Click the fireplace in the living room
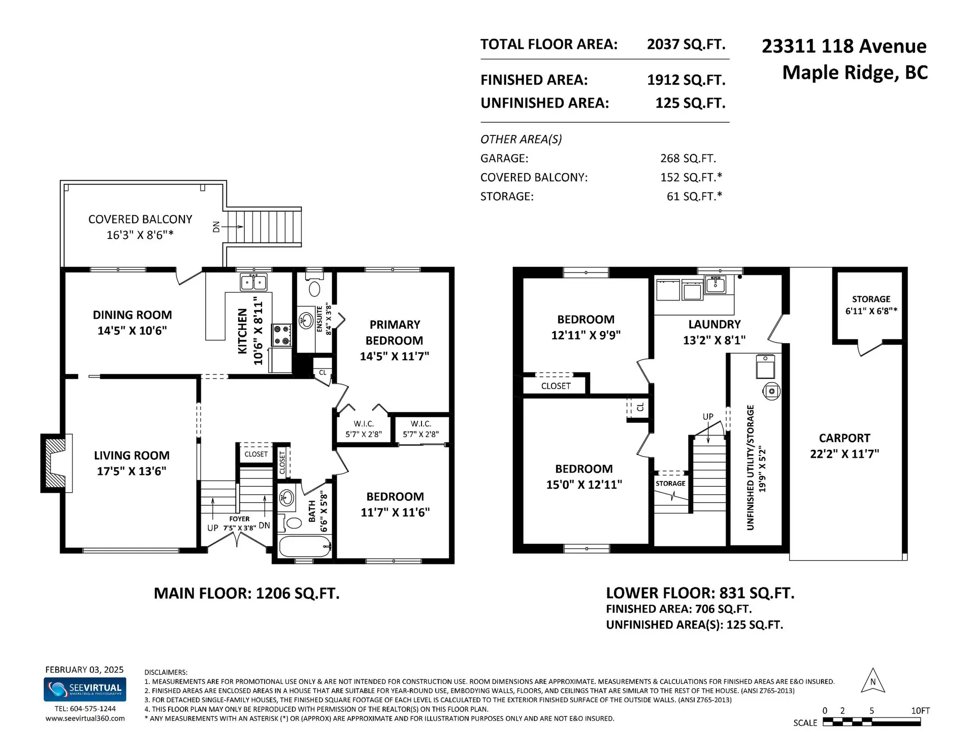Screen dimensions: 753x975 [x=54, y=463]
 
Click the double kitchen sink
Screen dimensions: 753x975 [x=253, y=282]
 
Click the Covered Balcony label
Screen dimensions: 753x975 [x=140, y=219]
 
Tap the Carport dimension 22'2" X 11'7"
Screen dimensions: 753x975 [x=844, y=454]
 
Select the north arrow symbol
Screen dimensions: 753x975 [x=873, y=681]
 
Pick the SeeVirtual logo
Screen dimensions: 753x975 [x=85, y=690]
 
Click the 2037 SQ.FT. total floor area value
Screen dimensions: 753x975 [x=686, y=44]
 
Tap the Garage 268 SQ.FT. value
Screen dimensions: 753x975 [x=688, y=158]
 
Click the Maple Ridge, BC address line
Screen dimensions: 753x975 [x=855, y=73]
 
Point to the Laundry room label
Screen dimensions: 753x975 [x=714, y=324]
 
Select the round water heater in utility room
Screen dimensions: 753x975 [x=771, y=391]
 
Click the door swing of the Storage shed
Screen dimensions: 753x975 [x=869, y=349]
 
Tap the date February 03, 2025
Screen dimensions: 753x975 [x=84, y=669]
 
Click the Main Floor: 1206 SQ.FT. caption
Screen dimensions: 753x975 [x=246, y=593]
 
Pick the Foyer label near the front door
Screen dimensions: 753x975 [x=239, y=519]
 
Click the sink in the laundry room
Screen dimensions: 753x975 [x=716, y=285]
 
